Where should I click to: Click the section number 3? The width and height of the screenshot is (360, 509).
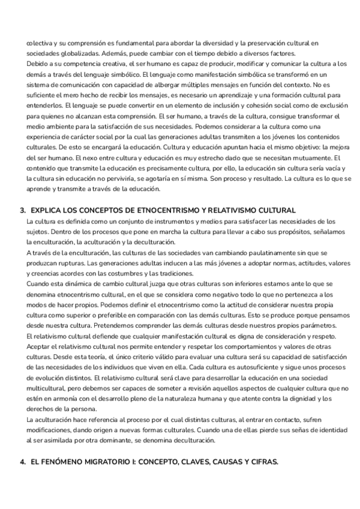[x=22, y=210]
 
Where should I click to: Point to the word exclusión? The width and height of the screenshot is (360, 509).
[x=325, y=105]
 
